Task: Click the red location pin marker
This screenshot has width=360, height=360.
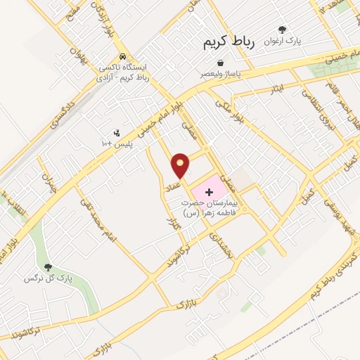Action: (181, 165)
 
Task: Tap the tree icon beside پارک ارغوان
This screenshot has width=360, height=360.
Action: (282, 30)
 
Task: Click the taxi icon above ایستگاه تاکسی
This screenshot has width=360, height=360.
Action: (123, 56)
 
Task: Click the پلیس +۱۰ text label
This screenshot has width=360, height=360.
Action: (116, 144)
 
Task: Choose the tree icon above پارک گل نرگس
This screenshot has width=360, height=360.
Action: (48, 267)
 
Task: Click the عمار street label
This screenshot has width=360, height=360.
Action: (173, 185)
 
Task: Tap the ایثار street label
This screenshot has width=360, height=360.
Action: (279, 88)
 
